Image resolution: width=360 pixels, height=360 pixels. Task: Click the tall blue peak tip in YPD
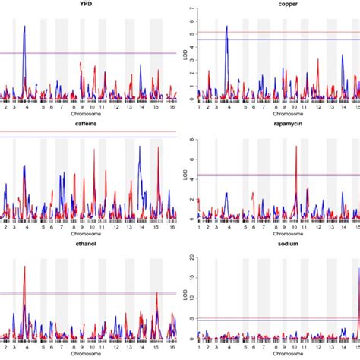[25, 27]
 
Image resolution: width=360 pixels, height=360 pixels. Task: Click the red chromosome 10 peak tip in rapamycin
[295, 147]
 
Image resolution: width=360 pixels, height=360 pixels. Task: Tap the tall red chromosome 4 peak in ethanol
[25, 267]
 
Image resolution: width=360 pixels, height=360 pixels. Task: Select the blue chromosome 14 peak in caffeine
[140, 147]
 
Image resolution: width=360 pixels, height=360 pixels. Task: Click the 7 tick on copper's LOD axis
[191, 9]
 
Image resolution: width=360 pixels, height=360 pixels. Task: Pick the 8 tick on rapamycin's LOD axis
[191, 140]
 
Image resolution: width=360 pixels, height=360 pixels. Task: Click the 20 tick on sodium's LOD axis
[191, 256]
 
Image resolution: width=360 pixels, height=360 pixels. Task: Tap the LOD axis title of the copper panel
[185, 53]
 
